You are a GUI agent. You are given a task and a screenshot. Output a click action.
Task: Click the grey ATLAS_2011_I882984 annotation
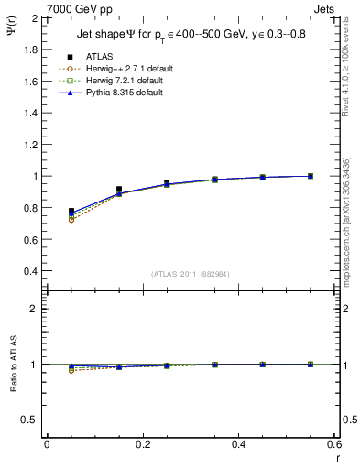191,274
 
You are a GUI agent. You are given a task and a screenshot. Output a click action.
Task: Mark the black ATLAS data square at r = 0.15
119,190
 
